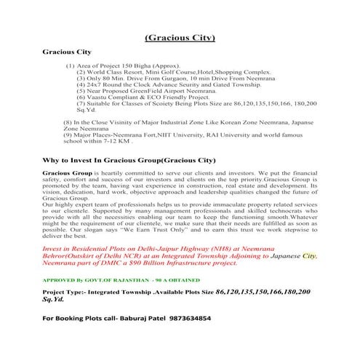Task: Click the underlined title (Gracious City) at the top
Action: coord(180,38)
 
